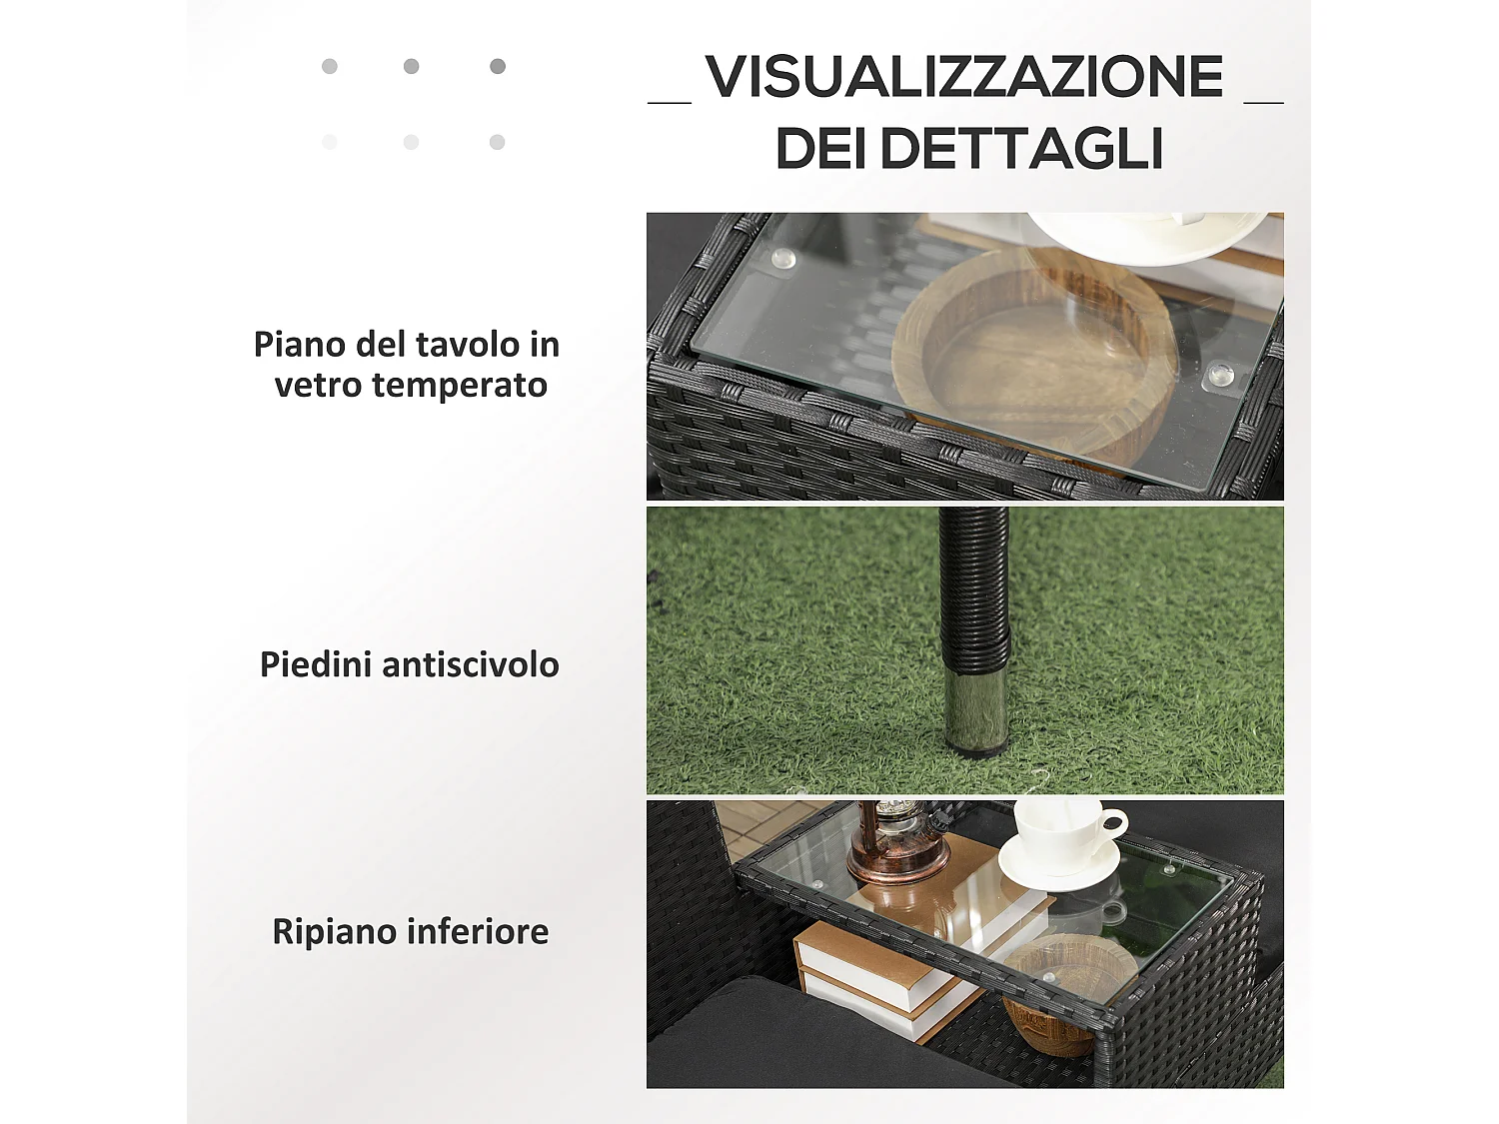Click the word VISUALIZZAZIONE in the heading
pos(963,77)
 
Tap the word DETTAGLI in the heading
pos(1021,149)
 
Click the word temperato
pos(460,385)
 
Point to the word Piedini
pos(316,664)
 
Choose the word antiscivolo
pos(470,664)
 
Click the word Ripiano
pos(335,931)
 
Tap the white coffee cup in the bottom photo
pos(1064,834)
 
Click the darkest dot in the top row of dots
pos(498,66)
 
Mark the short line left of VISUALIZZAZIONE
pos(670,101)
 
